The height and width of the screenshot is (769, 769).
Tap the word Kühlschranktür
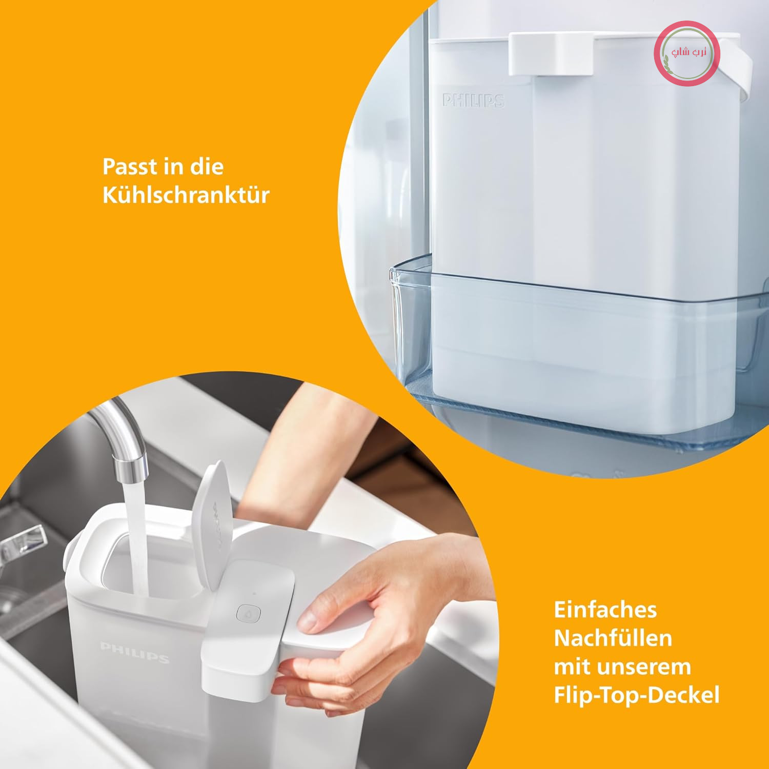coord(186,195)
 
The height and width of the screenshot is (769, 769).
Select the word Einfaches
coord(605,610)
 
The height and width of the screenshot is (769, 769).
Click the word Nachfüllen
coord(613,638)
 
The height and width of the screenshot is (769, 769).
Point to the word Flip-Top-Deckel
coord(637,696)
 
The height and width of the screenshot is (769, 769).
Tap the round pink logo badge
coord(687,53)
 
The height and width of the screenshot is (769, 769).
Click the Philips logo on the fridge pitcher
coord(474,100)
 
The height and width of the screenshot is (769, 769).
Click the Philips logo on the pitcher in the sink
coord(135,652)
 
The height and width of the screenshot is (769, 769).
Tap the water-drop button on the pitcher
coord(249,613)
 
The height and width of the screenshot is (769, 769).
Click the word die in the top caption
coord(207,167)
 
